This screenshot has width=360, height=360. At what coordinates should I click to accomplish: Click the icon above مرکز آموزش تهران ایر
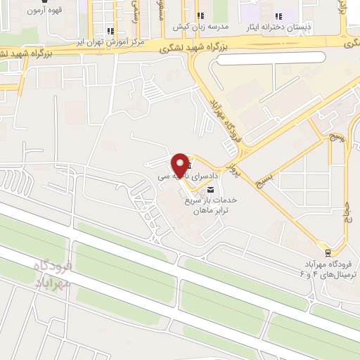coord(111,31)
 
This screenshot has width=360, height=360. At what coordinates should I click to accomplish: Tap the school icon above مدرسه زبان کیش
coord(200,15)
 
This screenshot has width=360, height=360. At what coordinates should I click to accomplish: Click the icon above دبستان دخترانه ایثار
coord(278,15)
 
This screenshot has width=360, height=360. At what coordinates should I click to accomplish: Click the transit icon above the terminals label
coord(328,252)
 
